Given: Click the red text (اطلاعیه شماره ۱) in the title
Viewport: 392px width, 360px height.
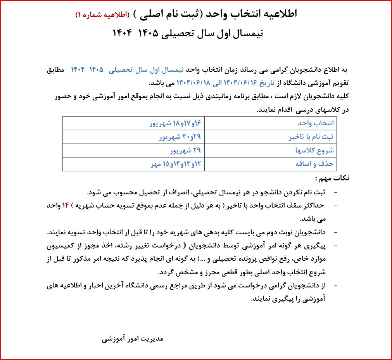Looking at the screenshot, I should (x=105, y=15).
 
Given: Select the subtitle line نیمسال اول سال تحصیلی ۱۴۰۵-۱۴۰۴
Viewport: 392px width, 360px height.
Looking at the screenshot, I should (x=188, y=33).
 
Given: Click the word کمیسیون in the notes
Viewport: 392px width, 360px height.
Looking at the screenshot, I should (x=328, y=246).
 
